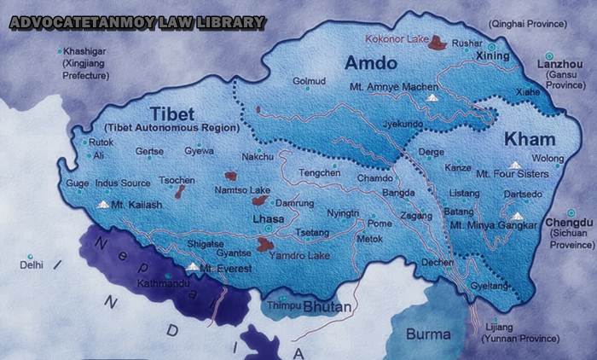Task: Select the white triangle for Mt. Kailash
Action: pyautogui.click(x=103, y=205)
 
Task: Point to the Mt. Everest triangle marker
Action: pyautogui.click(x=193, y=267)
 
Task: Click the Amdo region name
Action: pyautogui.click(x=370, y=63)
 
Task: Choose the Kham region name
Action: pyautogui.click(x=530, y=139)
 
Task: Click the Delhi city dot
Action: pyautogui.click(x=30, y=257)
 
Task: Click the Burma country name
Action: pyautogui.click(x=428, y=334)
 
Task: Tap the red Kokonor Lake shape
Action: pyautogui.click(x=439, y=42)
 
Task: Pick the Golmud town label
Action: pyautogui.click(x=310, y=81)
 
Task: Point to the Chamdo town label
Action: pyautogui.click(x=375, y=178)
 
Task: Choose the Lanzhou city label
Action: pyautogui.click(x=559, y=63)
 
